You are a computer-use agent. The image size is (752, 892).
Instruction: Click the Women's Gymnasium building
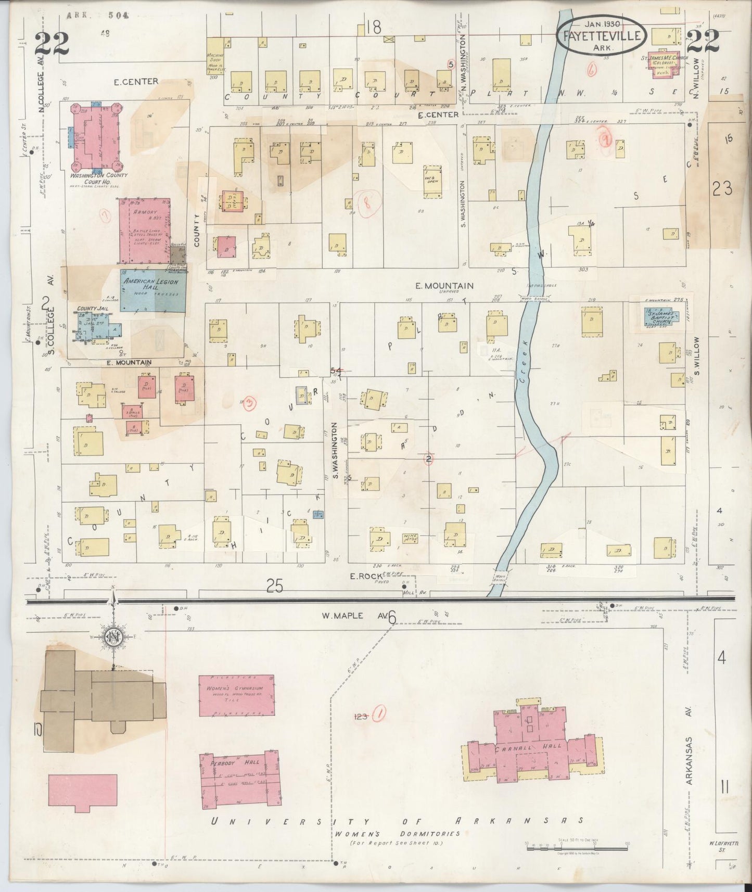pos(237,695)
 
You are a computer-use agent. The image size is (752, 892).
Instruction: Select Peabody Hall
pos(238,778)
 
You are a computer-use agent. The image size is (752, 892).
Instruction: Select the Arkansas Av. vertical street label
pos(689,745)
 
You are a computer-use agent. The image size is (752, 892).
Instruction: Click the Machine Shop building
pos(215,54)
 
